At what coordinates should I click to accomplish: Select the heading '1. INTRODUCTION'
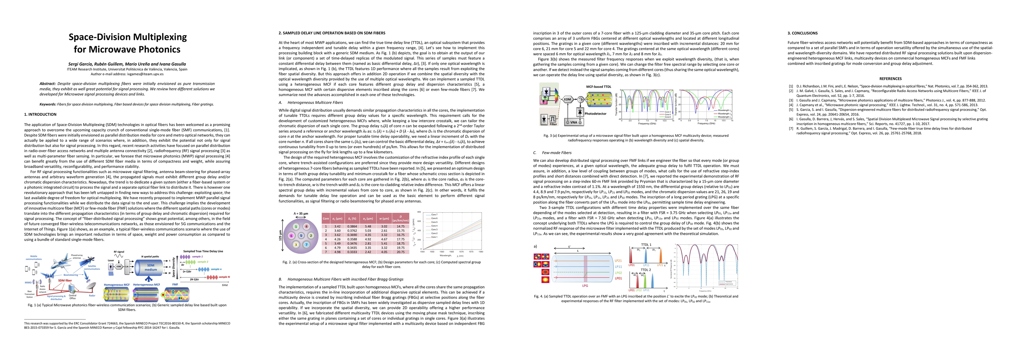(40, 115)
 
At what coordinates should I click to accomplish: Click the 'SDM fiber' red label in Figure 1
(65, 280)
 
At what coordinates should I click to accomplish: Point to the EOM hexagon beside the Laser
(119, 267)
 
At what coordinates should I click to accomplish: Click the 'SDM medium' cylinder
(151, 268)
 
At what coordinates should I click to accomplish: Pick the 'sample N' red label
(224, 277)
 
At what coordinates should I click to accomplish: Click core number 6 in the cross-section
(291, 235)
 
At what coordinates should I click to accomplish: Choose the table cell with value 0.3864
(352, 226)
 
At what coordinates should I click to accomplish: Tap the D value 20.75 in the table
(401, 252)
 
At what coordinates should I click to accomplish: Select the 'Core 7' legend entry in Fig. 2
(434, 214)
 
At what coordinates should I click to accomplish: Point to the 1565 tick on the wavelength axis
(452, 251)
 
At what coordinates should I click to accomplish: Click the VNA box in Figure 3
(574, 122)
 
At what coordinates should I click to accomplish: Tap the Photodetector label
(595, 114)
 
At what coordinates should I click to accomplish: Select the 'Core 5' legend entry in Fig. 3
(667, 114)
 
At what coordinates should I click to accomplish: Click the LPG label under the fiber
(585, 286)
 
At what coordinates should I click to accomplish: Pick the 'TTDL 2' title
(646, 270)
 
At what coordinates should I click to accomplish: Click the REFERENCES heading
(890, 79)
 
